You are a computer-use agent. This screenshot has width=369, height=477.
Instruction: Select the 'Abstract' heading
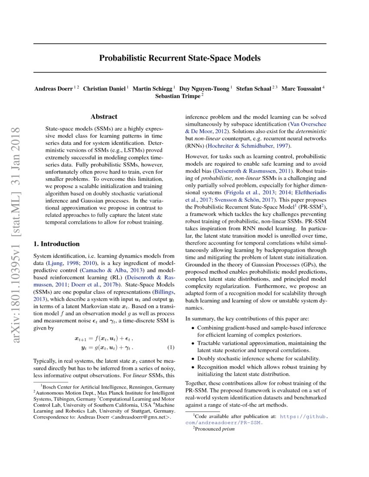pyautogui.click(x=104, y=117)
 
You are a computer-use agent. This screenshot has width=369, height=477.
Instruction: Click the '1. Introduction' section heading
pyautogui.click(x=56, y=244)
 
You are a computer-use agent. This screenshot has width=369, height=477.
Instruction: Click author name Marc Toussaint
pyautogui.click(x=301, y=89)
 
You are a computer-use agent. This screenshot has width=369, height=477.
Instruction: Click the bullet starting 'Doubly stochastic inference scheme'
pyautogui.click(x=258, y=359)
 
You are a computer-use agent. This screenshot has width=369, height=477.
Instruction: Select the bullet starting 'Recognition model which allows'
pyautogui.click(x=262, y=367)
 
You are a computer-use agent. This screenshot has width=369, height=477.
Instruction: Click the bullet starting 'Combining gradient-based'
pyautogui.click(x=261, y=328)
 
